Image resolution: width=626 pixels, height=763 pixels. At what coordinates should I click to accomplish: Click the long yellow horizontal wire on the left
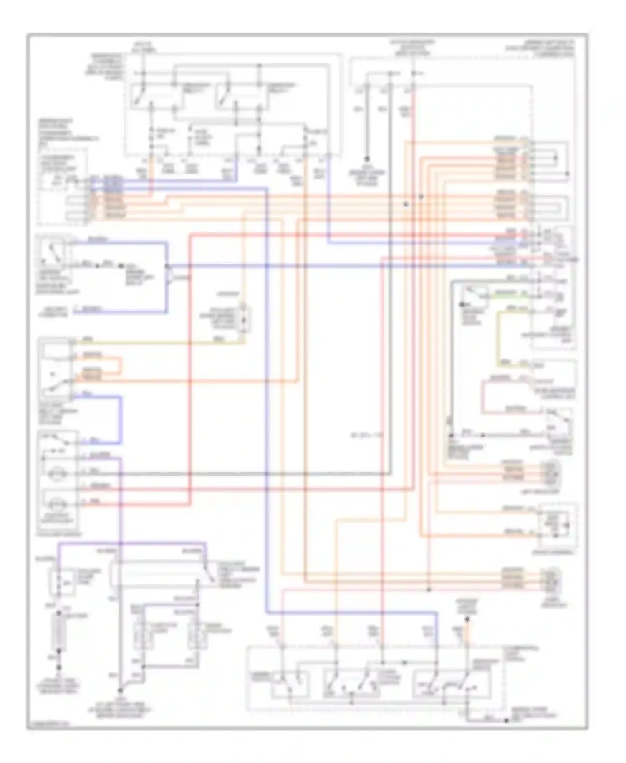159,343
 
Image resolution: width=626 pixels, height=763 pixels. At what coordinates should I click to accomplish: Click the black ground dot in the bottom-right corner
506,720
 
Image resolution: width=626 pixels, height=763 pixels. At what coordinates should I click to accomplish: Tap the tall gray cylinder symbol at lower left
59,632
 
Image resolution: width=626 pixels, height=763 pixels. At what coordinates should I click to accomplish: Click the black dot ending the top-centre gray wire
367,159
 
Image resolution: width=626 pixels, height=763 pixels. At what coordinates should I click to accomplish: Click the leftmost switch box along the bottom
290,685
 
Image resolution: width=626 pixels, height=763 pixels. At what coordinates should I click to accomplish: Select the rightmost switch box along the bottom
451,685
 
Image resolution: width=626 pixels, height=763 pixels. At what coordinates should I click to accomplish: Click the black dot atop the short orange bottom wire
467,620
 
